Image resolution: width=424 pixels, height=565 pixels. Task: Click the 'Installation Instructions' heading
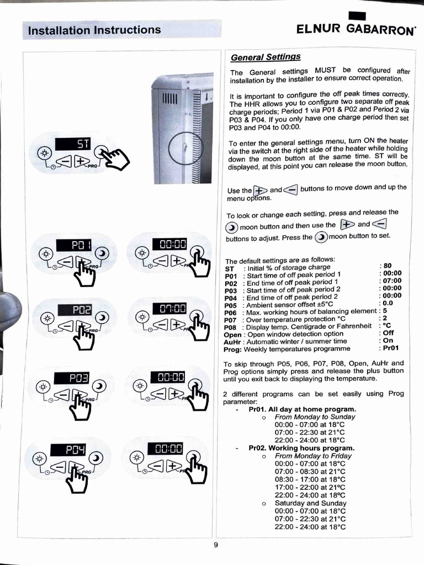[94, 30]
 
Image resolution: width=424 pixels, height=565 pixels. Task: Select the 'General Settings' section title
[266, 57]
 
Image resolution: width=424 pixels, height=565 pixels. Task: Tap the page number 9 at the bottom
[216, 545]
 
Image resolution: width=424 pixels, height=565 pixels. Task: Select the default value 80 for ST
[388, 265]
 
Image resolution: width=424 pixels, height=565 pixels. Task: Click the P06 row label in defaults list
[230, 312]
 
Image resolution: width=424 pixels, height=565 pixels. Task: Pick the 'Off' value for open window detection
[388, 333]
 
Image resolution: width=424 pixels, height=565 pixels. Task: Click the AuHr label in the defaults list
[231, 341]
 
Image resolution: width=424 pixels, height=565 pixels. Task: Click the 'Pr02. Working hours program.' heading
[301, 448]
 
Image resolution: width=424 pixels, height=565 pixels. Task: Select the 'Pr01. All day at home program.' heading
[302, 409]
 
